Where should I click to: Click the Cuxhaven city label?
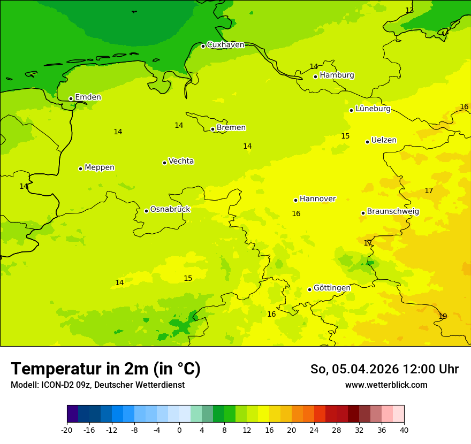[x=225, y=45]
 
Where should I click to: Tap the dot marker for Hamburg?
[x=316, y=76]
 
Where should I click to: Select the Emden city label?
[x=88, y=97]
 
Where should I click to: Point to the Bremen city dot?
[x=212, y=129]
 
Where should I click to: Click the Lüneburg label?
[x=373, y=109]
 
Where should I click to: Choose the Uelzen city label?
[x=384, y=141]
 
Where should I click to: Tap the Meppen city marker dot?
[x=80, y=169]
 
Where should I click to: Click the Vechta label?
[x=181, y=161]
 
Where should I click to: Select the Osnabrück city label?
[x=170, y=210]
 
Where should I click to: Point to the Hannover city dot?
[x=295, y=200]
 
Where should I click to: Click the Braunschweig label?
[x=393, y=212]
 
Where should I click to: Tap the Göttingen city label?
[x=332, y=288]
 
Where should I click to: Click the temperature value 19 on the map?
[x=443, y=316]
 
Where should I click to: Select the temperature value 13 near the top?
[x=409, y=11]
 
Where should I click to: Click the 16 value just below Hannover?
[x=296, y=214]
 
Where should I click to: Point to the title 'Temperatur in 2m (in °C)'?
[x=105, y=369]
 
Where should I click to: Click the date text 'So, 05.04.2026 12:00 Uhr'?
[x=384, y=370]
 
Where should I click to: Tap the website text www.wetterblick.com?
[x=386, y=385]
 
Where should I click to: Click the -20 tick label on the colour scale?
[x=67, y=430]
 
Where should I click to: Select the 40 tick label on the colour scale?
[x=404, y=430]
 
